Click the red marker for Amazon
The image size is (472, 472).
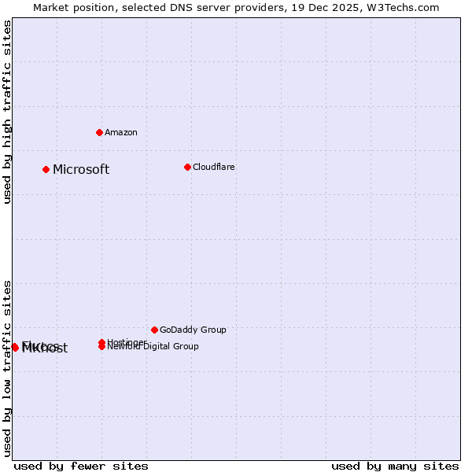(99, 132)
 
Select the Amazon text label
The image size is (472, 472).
(121, 133)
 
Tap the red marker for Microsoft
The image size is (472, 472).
(46, 169)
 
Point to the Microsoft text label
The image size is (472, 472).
(81, 170)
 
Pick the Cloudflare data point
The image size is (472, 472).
(187, 167)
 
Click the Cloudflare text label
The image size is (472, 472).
(214, 168)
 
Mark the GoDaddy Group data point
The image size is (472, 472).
(154, 330)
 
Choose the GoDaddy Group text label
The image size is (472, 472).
(193, 330)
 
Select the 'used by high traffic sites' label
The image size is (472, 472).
(8, 112)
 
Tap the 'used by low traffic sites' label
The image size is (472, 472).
(8, 368)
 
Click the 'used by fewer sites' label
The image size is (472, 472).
(81, 466)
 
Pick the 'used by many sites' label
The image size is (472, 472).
(395, 466)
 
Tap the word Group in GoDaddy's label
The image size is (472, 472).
(212, 330)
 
